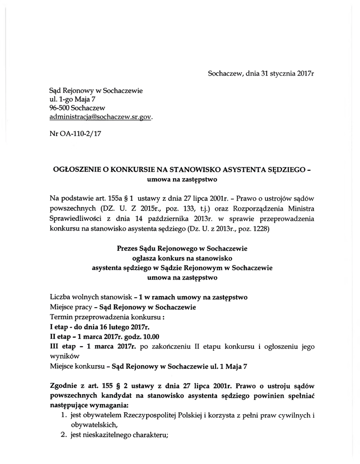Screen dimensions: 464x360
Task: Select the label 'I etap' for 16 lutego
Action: (60, 327)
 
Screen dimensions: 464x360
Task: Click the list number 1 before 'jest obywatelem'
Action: (64, 415)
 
